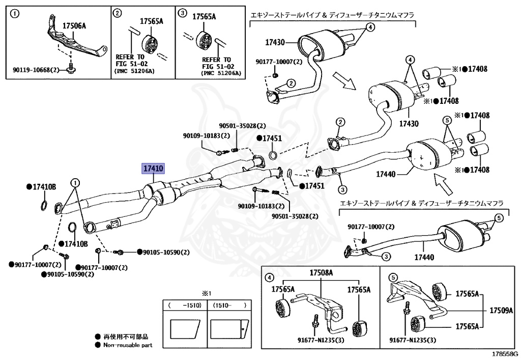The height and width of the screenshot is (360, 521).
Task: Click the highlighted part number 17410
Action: click(153, 168)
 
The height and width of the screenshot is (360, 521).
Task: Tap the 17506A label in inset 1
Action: click(74, 25)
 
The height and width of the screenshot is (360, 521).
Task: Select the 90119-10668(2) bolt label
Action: click(36, 70)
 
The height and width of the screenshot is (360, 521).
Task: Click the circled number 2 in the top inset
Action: click(118, 13)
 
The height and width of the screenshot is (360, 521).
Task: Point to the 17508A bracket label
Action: click(321, 272)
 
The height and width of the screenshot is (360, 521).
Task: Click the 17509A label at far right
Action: click(501, 311)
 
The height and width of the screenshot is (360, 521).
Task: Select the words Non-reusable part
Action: click(128, 345)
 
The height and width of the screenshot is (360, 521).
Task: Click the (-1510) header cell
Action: click(185, 305)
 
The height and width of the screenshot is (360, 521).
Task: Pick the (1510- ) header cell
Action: click(229, 305)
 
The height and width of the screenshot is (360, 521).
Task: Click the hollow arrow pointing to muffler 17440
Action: click(444, 184)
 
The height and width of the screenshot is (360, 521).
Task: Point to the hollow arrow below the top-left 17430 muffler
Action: click(344, 81)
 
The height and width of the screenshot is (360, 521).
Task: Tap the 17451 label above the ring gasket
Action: click(269, 139)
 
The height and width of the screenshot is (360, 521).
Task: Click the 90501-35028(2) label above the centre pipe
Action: click(243, 126)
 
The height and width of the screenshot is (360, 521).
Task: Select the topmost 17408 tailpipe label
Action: click(474, 69)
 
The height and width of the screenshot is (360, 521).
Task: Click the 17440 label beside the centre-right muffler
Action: click(386, 174)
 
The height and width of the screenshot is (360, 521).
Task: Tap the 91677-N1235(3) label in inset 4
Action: click(321, 340)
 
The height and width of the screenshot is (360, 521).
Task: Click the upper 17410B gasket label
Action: click(41, 187)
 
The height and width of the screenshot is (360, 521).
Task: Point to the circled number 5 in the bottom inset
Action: click(392, 277)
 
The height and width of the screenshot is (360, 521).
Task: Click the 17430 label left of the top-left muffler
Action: click(275, 42)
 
